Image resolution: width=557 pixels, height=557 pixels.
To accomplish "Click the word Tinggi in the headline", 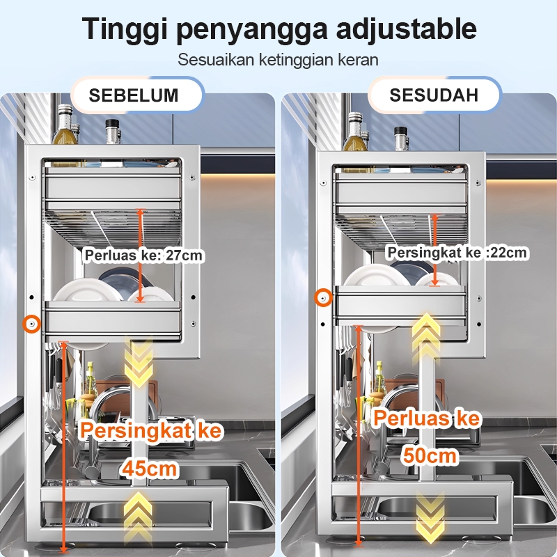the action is click(x=125, y=29).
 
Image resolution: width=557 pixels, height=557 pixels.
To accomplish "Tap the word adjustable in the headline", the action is click(x=406, y=29).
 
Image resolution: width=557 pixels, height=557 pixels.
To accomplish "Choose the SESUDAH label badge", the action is click(x=434, y=95).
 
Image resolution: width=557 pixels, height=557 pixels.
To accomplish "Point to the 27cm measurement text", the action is click(x=184, y=255).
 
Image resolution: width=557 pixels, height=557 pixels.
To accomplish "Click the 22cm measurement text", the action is click(x=508, y=253).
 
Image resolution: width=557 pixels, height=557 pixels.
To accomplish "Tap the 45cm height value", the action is click(x=150, y=468).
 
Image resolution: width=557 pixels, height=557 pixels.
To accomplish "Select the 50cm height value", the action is click(x=430, y=455).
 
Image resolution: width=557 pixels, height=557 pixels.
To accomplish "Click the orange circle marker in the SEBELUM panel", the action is click(x=32, y=324).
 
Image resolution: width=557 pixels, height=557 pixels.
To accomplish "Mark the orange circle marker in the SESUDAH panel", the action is click(x=323, y=298).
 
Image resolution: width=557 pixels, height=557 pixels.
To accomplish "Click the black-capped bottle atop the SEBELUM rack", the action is click(x=112, y=132).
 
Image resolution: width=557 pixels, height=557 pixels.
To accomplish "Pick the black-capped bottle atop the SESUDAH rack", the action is click(x=402, y=139).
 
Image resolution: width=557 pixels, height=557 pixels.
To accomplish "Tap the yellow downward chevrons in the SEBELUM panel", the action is click(x=139, y=362).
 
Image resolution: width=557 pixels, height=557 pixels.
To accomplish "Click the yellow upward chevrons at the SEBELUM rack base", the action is click(x=139, y=516).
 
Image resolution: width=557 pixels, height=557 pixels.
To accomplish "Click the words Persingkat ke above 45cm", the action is click(x=151, y=430).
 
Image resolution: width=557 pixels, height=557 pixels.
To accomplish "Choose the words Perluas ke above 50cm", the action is click(x=427, y=418).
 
